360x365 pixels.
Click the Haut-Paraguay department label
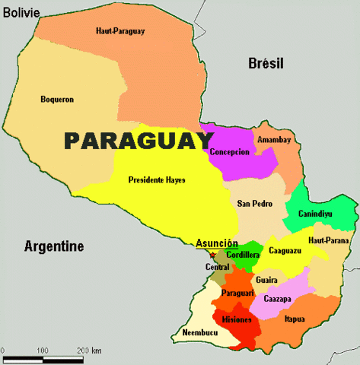120,31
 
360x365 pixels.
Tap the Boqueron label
56,99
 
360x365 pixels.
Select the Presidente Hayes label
157,180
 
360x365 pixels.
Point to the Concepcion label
229,151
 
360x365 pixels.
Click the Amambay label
274,140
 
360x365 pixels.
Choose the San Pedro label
254,203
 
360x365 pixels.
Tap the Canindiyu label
315,214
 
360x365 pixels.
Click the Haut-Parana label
329,240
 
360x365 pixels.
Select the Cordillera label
243,255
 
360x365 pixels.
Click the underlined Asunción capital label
217,243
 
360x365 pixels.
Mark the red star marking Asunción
212,255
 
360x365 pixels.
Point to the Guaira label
266,280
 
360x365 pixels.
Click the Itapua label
295,319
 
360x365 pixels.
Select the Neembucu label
199,333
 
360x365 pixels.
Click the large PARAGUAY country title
138,141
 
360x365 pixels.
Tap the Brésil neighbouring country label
267,65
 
